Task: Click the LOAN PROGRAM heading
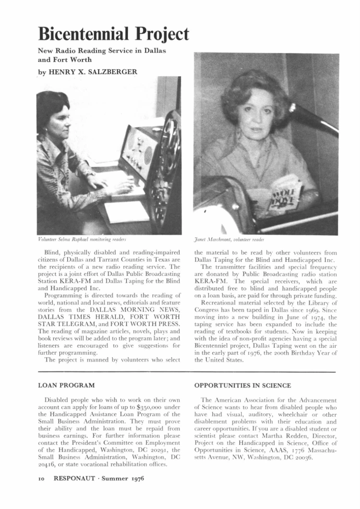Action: click(67, 385)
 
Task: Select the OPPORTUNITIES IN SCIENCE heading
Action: click(242, 385)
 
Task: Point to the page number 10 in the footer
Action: click(42, 478)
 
